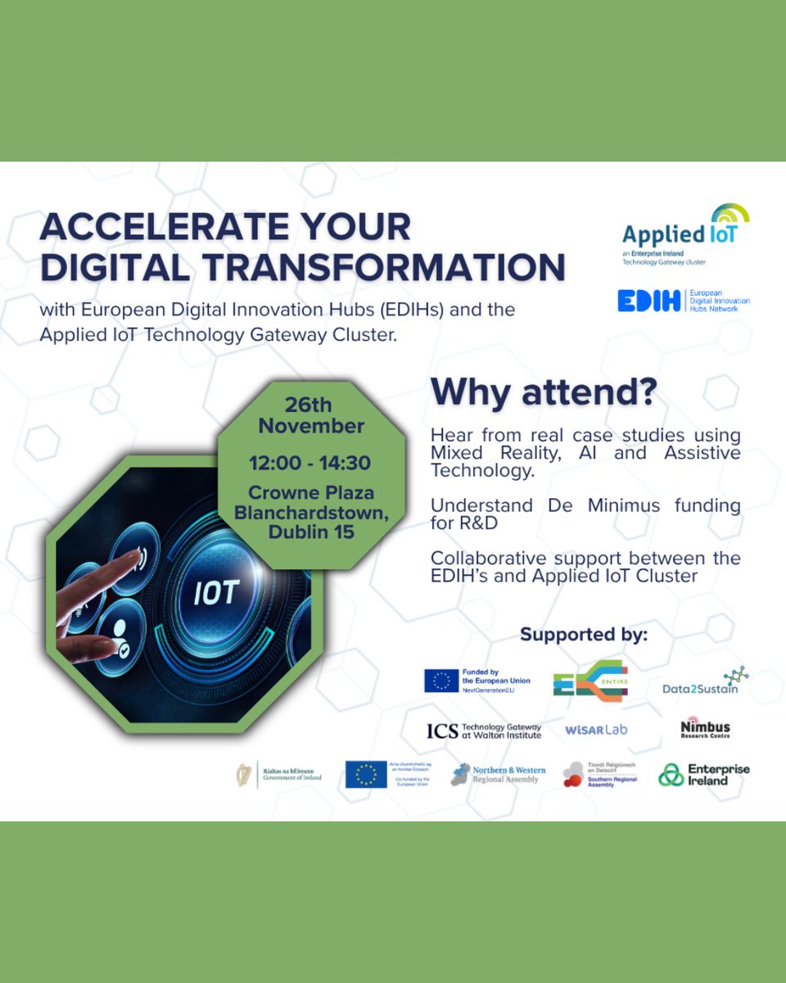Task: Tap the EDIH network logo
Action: click(683, 301)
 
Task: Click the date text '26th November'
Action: click(310, 415)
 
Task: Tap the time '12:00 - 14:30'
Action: click(310, 463)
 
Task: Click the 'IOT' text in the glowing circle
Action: click(216, 591)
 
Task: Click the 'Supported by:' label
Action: click(584, 635)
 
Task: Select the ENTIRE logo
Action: click(589, 681)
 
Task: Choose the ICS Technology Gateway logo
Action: click(483, 731)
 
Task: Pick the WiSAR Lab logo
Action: click(596, 729)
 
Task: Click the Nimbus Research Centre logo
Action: click(705, 729)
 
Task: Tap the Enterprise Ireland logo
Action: click(704, 775)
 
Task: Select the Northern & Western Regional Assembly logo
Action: click(495, 775)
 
